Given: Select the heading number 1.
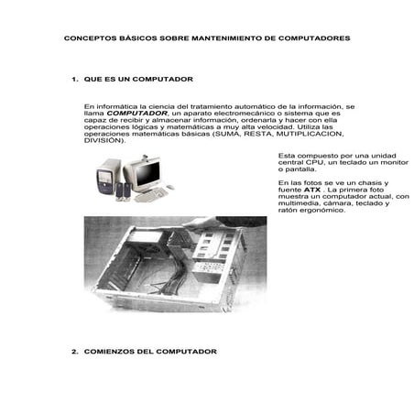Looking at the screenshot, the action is coord(74,79).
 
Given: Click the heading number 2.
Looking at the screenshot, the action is coord(74,351).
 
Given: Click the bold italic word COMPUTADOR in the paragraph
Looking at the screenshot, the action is coord(136,114).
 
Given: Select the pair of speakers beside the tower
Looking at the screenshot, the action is coord(123,191).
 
